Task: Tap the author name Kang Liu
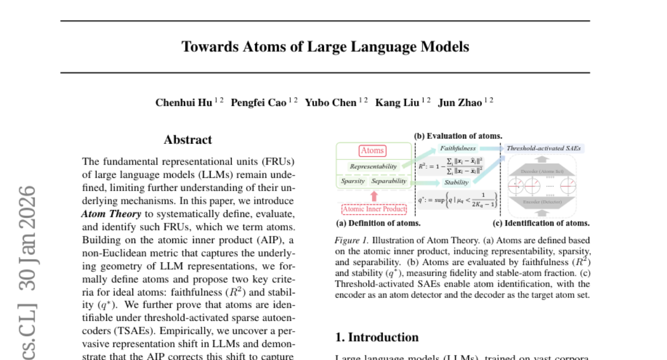pyautogui.click(x=397, y=103)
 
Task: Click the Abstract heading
pyautogui.click(x=188, y=140)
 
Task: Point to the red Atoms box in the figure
pyautogui.click(x=372, y=151)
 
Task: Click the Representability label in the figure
pyautogui.click(x=374, y=166)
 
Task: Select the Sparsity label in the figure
pyautogui.click(x=353, y=181)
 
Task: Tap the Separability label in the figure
pyautogui.click(x=389, y=181)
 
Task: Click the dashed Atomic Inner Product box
pyautogui.click(x=374, y=209)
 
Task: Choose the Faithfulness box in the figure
pyautogui.click(x=458, y=148)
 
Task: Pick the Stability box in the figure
pyautogui.click(x=456, y=182)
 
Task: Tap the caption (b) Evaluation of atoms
pyautogui.click(x=458, y=136)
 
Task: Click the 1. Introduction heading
pyautogui.click(x=377, y=337)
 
